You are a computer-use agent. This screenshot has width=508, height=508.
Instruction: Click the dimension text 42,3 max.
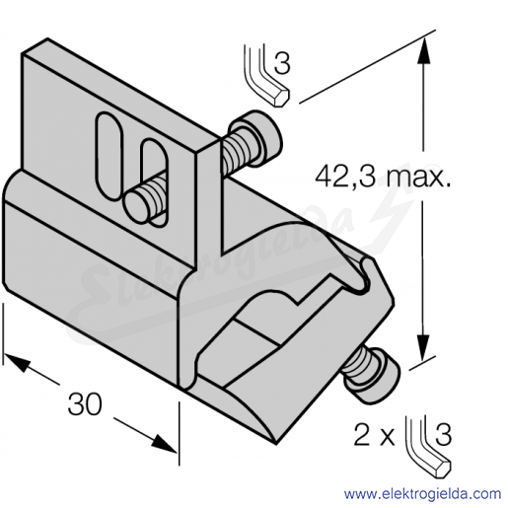383,178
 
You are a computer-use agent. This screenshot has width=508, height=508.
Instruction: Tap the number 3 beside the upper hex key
282,63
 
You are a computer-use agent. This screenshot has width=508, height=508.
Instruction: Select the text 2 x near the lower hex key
374,435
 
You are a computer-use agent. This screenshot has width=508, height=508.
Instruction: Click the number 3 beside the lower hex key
443,435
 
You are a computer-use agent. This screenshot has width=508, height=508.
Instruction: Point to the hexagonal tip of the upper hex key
282,97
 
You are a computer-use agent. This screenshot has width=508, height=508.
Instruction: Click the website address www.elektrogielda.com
422,493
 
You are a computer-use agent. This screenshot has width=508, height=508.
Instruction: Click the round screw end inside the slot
135,207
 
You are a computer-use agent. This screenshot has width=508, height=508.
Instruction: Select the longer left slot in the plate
109,156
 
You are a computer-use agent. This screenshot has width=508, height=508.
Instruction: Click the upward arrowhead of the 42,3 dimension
424,50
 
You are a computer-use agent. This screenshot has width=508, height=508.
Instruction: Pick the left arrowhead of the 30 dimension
17,362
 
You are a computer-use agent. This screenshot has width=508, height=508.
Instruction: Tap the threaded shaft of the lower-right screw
354,363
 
